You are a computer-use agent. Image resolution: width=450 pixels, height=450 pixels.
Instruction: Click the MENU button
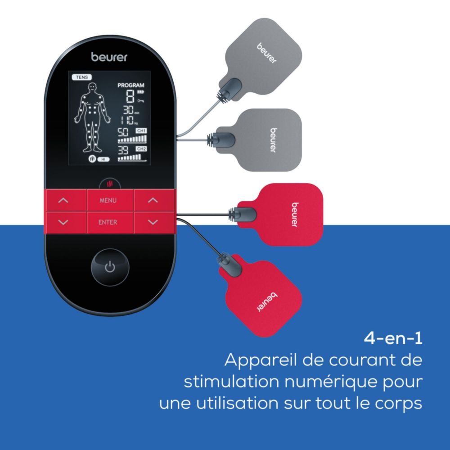tap(108, 200)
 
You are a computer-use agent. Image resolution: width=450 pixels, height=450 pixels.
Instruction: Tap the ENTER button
tap(108, 222)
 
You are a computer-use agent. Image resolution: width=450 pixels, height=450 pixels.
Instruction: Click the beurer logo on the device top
tap(109, 57)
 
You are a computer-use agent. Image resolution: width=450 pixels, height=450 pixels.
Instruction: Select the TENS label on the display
tap(77, 77)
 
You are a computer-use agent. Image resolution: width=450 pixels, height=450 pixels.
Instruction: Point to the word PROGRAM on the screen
tap(130, 85)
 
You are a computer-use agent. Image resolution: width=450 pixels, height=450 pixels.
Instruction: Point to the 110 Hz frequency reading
tap(127, 120)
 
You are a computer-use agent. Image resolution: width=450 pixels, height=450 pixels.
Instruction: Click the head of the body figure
tap(93, 86)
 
